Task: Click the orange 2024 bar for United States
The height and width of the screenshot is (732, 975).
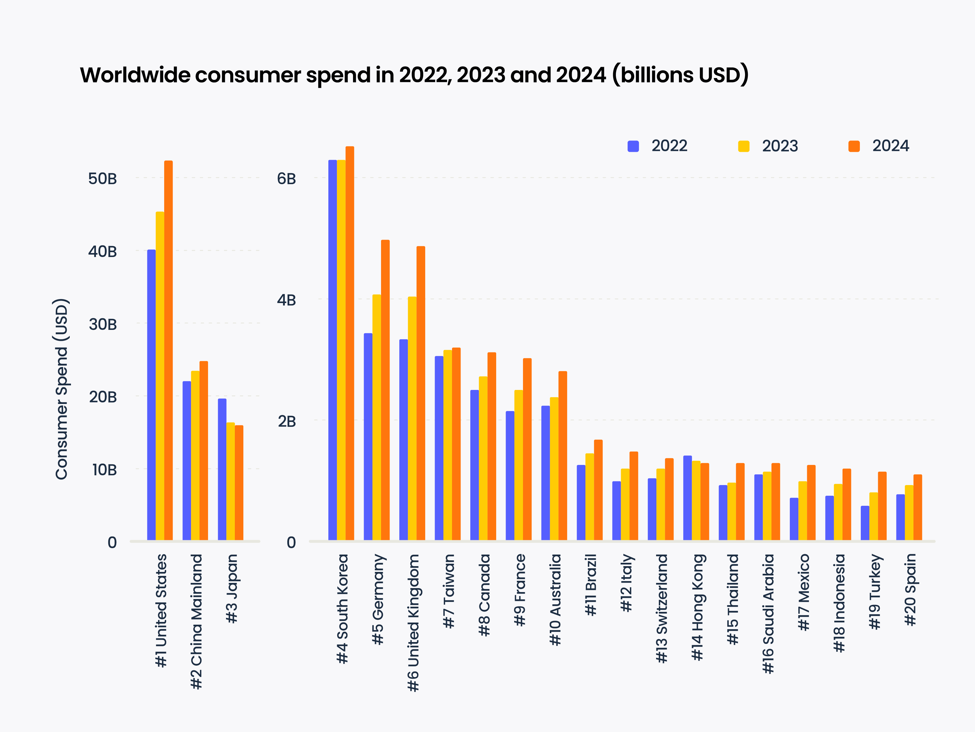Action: tap(168, 351)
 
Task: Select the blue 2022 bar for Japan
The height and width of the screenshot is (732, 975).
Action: tap(222, 470)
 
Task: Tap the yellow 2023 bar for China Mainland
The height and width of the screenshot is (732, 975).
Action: tap(195, 455)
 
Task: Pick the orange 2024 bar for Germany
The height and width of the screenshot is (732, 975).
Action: tap(385, 390)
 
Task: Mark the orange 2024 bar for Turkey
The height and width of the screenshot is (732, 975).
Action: tap(882, 506)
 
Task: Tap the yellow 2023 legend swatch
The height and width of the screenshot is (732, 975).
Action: tap(744, 146)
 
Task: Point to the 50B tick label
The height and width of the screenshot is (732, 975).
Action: tap(102, 179)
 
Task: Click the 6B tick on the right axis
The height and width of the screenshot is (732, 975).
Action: tap(287, 179)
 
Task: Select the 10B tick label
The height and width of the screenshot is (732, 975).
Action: tap(104, 470)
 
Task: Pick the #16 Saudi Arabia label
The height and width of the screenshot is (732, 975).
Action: tap(768, 613)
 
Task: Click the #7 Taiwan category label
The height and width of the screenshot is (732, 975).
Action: tap(448, 591)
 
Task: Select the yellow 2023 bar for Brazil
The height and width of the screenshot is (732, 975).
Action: tap(590, 497)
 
